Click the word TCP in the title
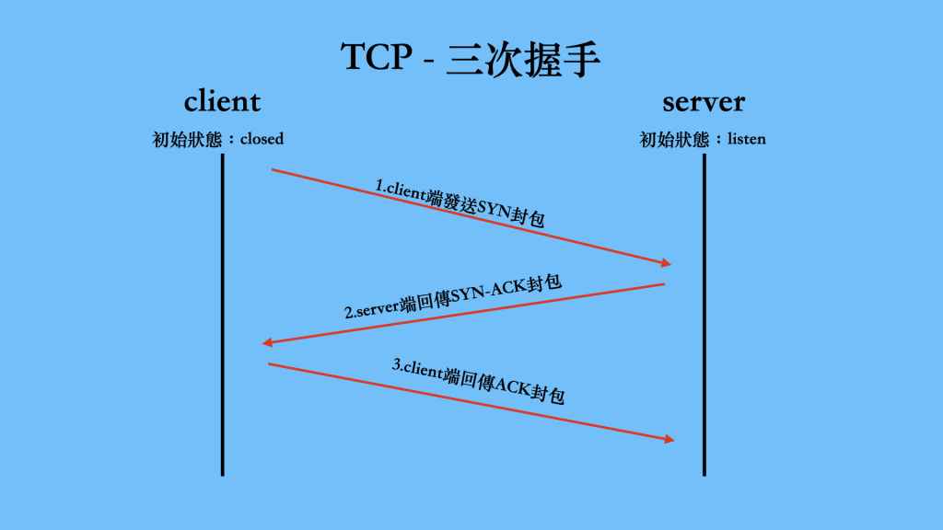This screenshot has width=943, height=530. tap(378, 57)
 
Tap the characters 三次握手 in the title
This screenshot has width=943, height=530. tap(524, 57)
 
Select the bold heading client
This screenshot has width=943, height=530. tap(222, 101)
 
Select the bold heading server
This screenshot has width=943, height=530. tap(704, 101)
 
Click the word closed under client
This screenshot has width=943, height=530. tap(262, 140)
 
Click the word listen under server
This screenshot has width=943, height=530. tap(747, 140)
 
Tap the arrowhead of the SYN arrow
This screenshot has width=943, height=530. tap(667, 263)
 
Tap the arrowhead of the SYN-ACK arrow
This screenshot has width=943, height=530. tap(267, 342)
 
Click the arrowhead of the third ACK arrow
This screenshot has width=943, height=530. tap(669, 439)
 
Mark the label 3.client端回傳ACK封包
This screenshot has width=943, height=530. tap(478, 381)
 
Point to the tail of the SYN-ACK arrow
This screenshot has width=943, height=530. tap(663, 284)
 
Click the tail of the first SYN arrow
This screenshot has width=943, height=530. tap(273, 169)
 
